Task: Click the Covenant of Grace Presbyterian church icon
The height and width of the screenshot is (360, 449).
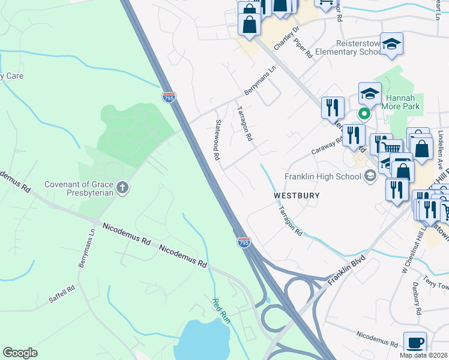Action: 122,188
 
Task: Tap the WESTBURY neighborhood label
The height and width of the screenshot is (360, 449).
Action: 297,196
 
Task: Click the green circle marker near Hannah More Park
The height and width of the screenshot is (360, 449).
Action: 363,113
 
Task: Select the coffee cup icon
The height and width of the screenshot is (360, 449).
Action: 415,343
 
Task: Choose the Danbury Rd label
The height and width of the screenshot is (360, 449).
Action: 418,303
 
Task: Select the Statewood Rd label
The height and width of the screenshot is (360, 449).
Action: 217,139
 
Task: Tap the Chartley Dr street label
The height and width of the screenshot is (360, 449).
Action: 286,38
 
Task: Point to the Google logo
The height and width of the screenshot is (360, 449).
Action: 19,353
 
